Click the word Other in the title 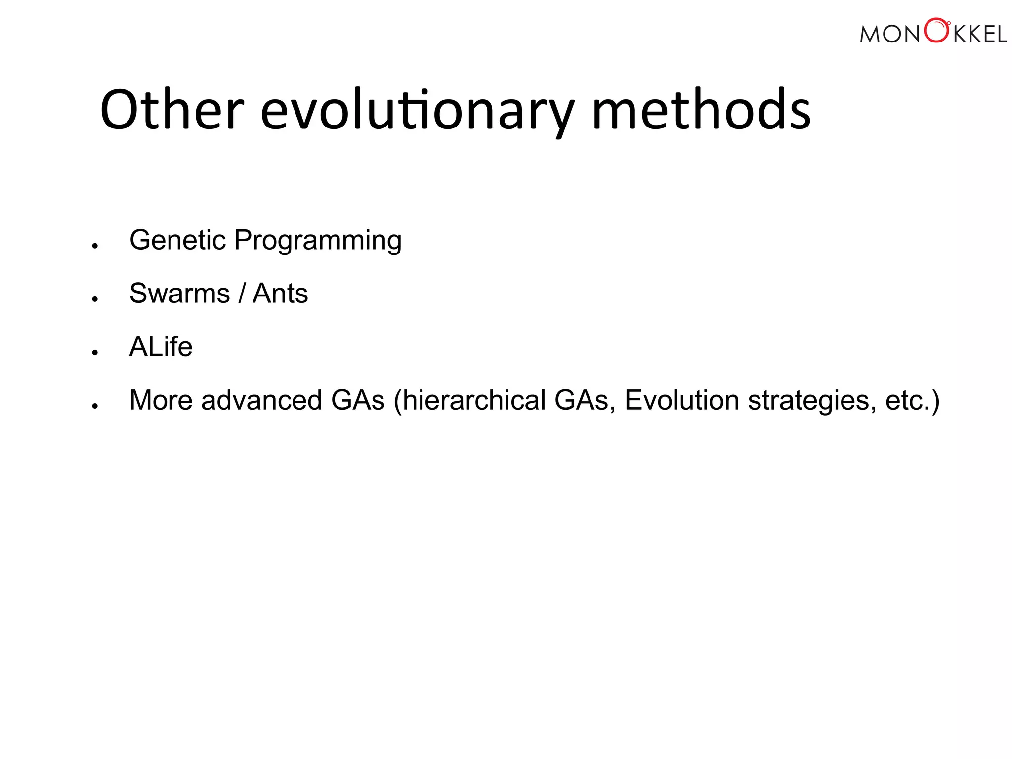pyautogui.click(x=172, y=110)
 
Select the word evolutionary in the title pyautogui.click(x=418, y=110)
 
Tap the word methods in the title pyautogui.click(x=701, y=110)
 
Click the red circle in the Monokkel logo pyautogui.click(x=936, y=31)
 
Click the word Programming pyautogui.click(x=318, y=241)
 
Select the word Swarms pyautogui.click(x=179, y=294)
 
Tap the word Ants pyautogui.click(x=280, y=294)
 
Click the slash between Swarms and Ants pyautogui.click(x=242, y=294)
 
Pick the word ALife pyautogui.click(x=161, y=347)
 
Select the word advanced pyautogui.click(x=261, y=400)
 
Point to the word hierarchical pyautogui.click(x=473, y=400)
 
